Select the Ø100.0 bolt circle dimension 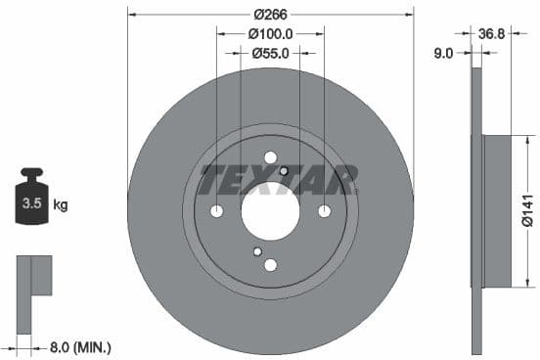point(270,34)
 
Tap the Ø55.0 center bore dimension point(270,54)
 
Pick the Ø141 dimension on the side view point(527,210)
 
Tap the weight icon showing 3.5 point(31,202)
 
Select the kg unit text point(61,204)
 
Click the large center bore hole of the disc point(270,211)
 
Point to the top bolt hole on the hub point(271,157)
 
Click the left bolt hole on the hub point(217,211)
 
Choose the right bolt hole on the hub point(325,211)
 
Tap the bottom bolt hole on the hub point(271,264)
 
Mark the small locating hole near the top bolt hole point(284,171)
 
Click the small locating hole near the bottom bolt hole point(258,251)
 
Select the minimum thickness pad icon point(32,277)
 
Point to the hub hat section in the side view point(497,210)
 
